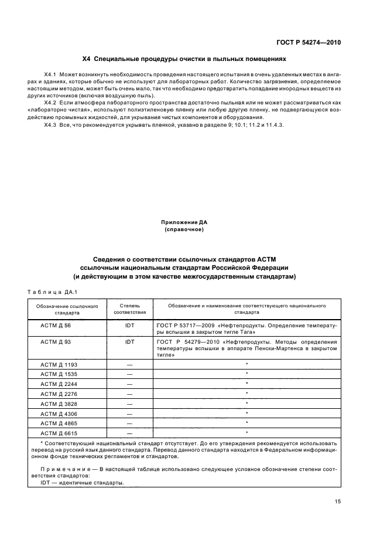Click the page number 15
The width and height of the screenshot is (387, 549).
pos(337,501)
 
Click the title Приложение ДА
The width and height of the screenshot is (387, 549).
pos(184,222)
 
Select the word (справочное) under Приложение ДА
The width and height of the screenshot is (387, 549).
pos(184,229)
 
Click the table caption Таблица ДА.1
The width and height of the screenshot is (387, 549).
pos(53,292)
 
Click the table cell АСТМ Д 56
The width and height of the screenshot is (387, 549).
pos(56,324)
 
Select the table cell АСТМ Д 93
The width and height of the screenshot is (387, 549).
pos(56,341)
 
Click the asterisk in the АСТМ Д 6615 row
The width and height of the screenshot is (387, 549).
pos(247,433)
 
